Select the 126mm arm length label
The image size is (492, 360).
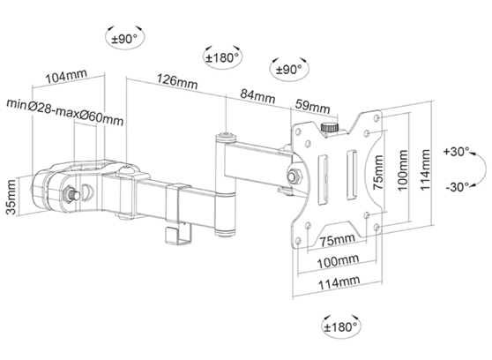point(177,83)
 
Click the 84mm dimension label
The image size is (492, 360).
point(256,95)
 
